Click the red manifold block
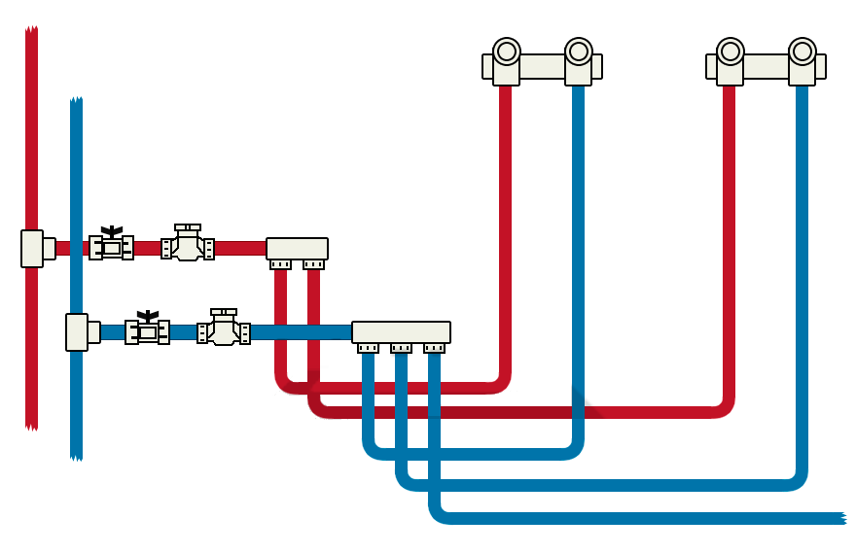pos(297,248)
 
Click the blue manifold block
pos(401,331)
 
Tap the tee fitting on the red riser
pos(33,248)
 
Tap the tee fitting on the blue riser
pos(78,331)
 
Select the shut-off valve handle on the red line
pos(112,231)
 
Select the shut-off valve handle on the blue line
pos(147,315)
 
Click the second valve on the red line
pos(188,245)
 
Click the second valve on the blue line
pos(224,329)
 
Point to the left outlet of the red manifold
pos(280,264)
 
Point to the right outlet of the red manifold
pos(313,264)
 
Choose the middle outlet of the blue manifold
pos(401,348)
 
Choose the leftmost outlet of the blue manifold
pos(368,348)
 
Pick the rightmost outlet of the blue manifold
pos(434,348)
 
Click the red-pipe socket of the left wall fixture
pos(506,52)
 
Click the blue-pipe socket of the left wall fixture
pos(579,52)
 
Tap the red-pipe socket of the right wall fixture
pos(730,52)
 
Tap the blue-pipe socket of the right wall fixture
pos(802,52)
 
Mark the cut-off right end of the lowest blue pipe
pos(841,518)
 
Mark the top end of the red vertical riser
pos(31,30)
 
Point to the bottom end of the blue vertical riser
pos(76,456)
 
